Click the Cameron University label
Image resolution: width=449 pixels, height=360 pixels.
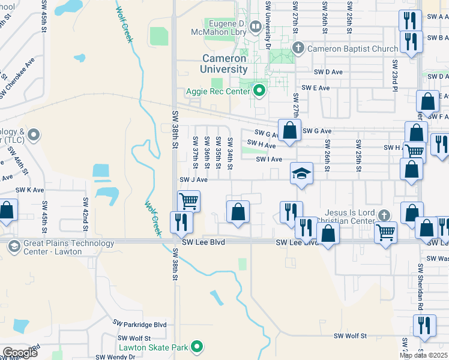tap(223, 64)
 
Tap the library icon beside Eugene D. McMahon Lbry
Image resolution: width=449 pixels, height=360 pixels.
tap(255, 26)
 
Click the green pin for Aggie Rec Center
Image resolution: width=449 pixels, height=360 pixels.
tap(259, 91)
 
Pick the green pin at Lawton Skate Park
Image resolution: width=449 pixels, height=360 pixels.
tap(196, 347)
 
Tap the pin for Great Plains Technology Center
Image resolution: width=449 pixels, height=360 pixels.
tap(13, 244)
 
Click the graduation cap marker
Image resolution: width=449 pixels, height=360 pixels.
tap(302, 174)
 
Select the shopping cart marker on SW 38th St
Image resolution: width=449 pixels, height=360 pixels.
tap(188, 200)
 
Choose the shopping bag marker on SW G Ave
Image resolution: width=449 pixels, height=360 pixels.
tap(289, 130)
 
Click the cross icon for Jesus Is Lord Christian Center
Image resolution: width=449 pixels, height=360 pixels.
tap(388, 214)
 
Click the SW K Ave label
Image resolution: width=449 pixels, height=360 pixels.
tap(30, 190)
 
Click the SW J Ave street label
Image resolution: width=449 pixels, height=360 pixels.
tap(193, 179)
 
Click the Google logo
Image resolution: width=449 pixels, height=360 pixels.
tap(19, 353)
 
